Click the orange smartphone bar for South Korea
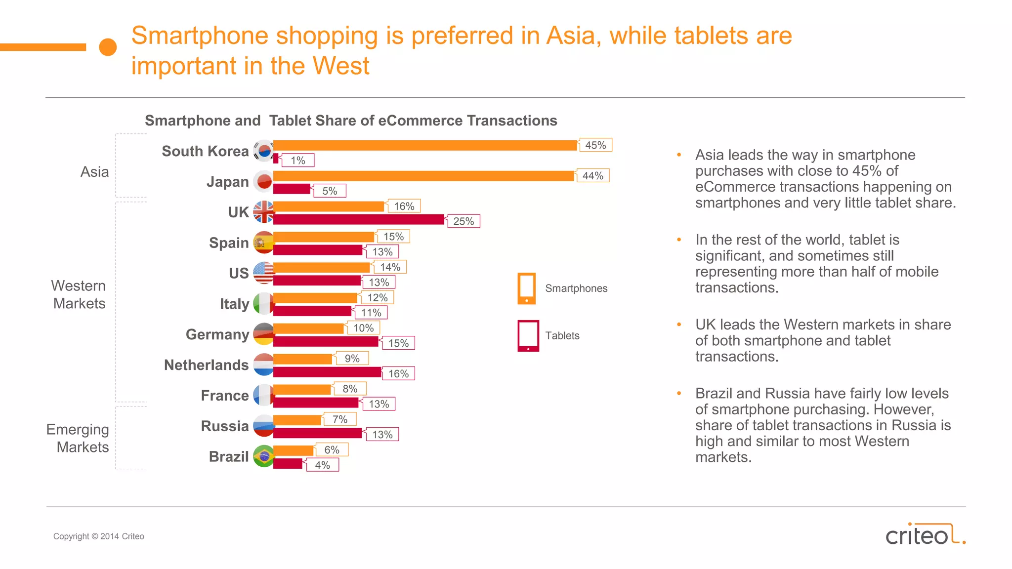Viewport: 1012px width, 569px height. (x=425, y=145)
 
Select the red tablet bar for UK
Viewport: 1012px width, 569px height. (x=358, y=220)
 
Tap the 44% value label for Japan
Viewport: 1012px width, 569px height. (x=592, y=176)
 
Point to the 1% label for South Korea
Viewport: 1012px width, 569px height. (x=297, y=161)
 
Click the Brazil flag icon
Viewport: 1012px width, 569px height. (x=263, y=456)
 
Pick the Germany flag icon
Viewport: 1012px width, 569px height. (x=263, y=334)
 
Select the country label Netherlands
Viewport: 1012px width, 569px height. (x=206, y=365)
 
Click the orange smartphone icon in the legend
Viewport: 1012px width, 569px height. (x=526, y=288)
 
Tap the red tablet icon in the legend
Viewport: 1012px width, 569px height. (x=528, y=336)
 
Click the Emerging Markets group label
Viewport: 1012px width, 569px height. (x=78, y=438)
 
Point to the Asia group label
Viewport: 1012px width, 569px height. (x=94, y=172)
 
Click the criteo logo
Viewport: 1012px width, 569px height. (x=925, y=534)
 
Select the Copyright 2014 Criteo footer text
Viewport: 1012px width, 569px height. (x=99, y=536)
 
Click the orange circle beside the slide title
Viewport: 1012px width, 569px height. (x=108, y=47)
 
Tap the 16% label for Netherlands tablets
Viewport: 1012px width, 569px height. (x=398, y=374)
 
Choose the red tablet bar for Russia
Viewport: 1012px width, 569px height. (x=317, y=433)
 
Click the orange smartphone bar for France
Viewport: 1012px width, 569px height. (x=302, y=390)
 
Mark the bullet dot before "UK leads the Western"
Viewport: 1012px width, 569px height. (x=679, y=325)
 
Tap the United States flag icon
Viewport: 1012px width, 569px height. (x=263, y=273)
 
